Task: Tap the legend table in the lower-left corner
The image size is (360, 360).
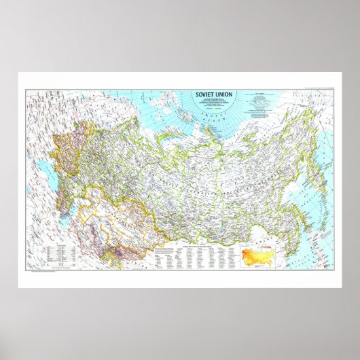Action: (58, 253)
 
